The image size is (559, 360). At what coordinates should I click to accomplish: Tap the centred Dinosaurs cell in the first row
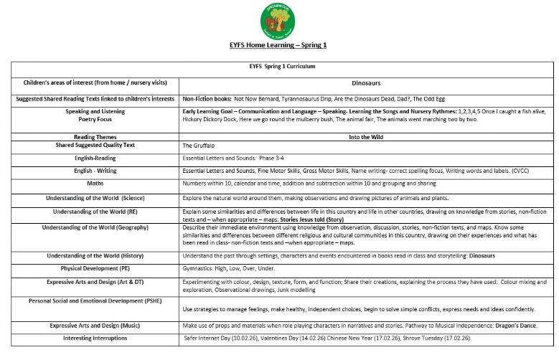pos(366,83)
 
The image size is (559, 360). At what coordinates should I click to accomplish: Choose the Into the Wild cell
pos(366,136)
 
